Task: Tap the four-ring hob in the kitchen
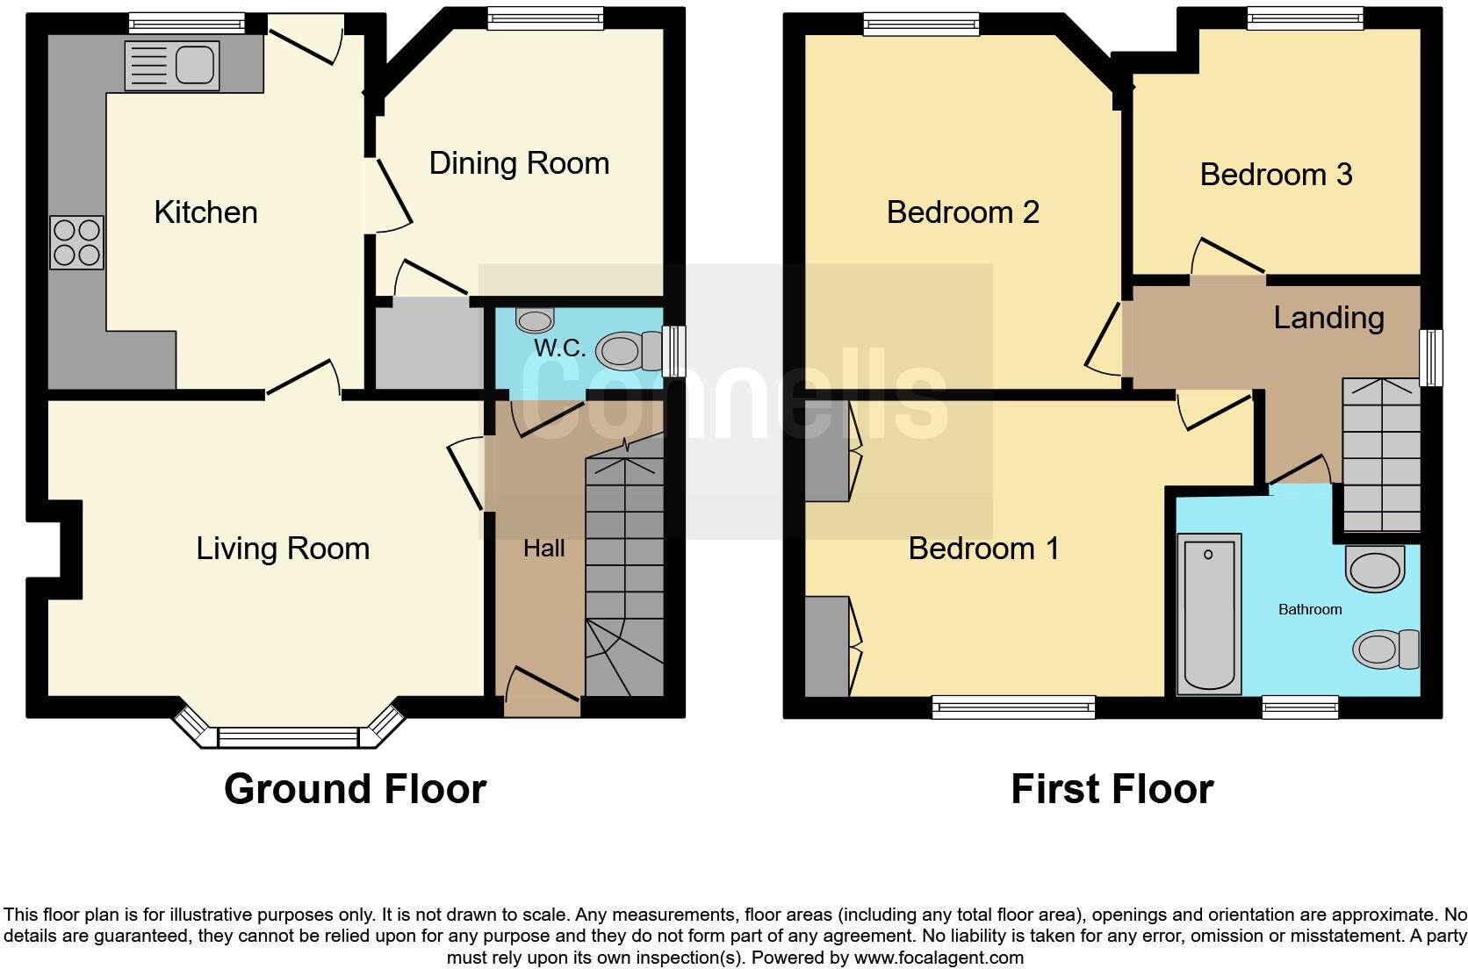tap(77, 242)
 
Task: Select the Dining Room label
tap(519, 163)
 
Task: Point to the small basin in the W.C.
tap(535, 317)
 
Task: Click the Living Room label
tap(283, 549)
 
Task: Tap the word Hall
tap(543, 549)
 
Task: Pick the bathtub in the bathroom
tap(1211, 612)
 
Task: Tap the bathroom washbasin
tap(1375, 569)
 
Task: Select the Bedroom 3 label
tap(1276, 175)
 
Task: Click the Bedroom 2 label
tap(962, 212)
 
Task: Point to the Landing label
tap(1328, 318)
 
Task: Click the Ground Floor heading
tap(355, 788)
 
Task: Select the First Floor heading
tap(1112, 788)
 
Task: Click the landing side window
tap(1431, 357)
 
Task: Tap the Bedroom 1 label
tap(983, 549)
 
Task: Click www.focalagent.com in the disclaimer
tap(939, 958)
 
